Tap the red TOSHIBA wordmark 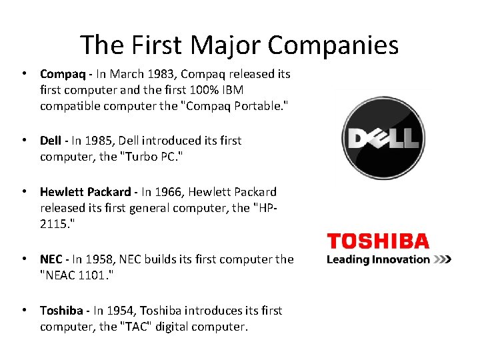[377, 241]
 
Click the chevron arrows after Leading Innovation [442, 259]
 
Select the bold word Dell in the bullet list [51, 141]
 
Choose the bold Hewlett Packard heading [86, 192]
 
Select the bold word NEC [51, 259]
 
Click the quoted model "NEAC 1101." [77, 275]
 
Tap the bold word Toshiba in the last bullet [61, 311]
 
